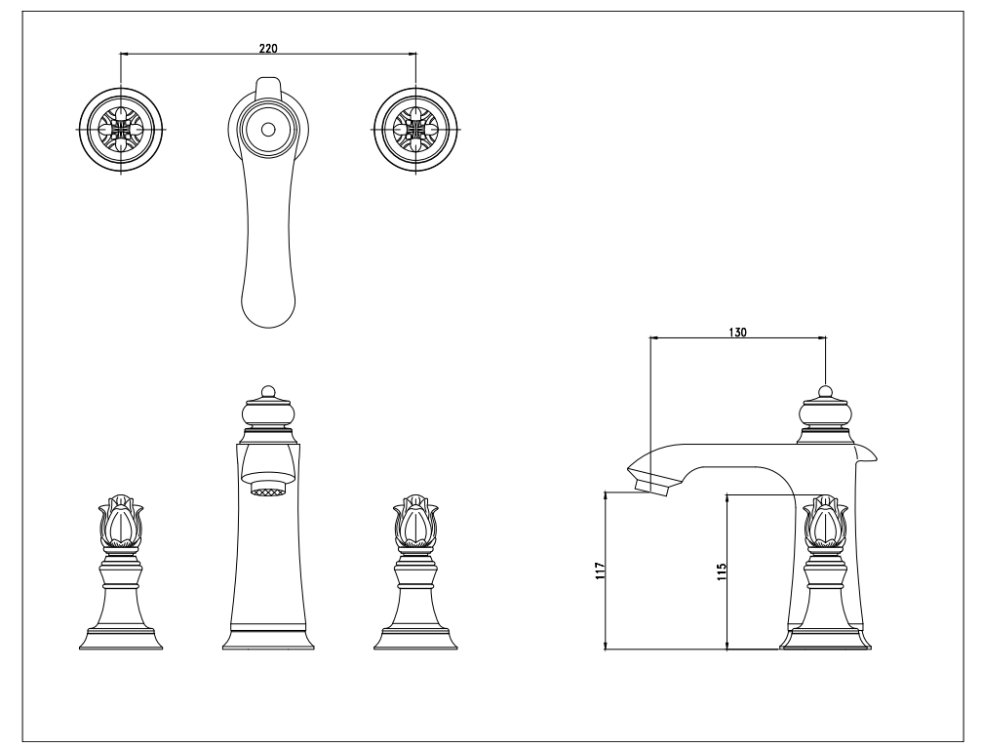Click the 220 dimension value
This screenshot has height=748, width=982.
(268, 48)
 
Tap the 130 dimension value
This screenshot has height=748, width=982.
(738, 333)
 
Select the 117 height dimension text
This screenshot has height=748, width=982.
(601, 571)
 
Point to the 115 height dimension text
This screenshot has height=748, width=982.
(722, 571)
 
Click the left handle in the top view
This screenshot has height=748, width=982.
(122, 129)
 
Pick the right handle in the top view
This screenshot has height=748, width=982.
(415, 129)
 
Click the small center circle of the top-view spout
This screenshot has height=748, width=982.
(268, 130)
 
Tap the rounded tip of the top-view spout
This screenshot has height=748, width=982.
(268, 310)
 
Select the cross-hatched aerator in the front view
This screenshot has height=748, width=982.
(268, 489)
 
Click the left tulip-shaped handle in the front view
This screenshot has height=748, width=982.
(121, 521)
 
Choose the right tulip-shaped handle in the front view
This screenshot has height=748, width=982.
(415, 521)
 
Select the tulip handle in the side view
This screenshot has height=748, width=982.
(825, 521)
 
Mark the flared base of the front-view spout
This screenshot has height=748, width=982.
(268, 638)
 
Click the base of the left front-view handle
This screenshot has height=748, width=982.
(121, 639)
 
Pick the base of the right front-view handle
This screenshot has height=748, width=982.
(415, 639)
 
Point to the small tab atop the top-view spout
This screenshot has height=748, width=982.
(268, 88)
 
